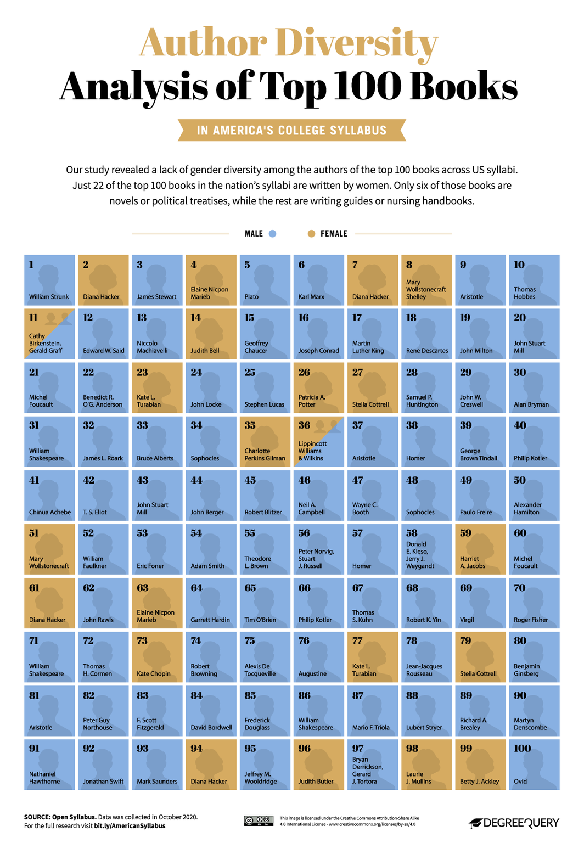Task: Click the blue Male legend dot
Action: point(272,234)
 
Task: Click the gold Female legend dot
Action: point(311,234)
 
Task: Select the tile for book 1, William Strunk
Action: point(49,280)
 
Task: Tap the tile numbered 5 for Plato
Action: point(265,280)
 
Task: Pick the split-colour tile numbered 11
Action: point(49,334)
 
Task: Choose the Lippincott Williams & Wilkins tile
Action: point(318,442)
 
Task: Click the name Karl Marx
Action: point(311,297)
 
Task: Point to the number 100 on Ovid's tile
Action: point(522,749)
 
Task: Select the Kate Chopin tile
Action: point(157,657)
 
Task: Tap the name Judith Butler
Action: point(316,782)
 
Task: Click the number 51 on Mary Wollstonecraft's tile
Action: point(34,533)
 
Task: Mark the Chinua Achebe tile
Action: point(49,496)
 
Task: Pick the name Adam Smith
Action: point(207,566)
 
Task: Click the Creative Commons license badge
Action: point(259,820)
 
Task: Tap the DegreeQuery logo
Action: point(514,822)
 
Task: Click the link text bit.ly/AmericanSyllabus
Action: point(130,825)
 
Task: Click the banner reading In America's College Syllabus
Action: point(291,131)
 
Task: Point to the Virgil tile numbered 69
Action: point(480,603)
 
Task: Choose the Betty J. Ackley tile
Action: point(480,765)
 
